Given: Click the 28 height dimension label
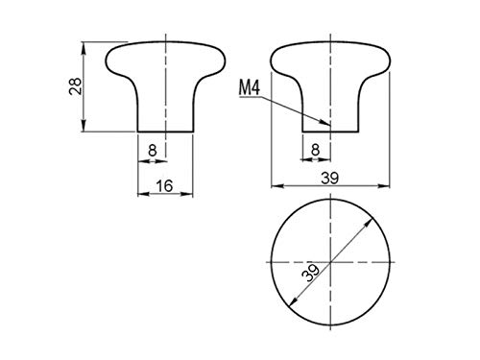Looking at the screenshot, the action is tap(76, 86).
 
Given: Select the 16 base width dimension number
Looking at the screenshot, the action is tap(165, 185).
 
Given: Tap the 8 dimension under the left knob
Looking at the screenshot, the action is tap(153, 150).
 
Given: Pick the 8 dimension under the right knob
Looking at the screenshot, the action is tap(316, 149).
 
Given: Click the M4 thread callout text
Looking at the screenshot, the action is tap(250, 88).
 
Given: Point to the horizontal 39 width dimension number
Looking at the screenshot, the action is tap(330, 178).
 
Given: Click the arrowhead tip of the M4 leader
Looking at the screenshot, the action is tap(330, 125).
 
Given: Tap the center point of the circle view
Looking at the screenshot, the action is tap(330, 262).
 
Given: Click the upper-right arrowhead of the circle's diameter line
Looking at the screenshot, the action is tap(373, 218).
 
